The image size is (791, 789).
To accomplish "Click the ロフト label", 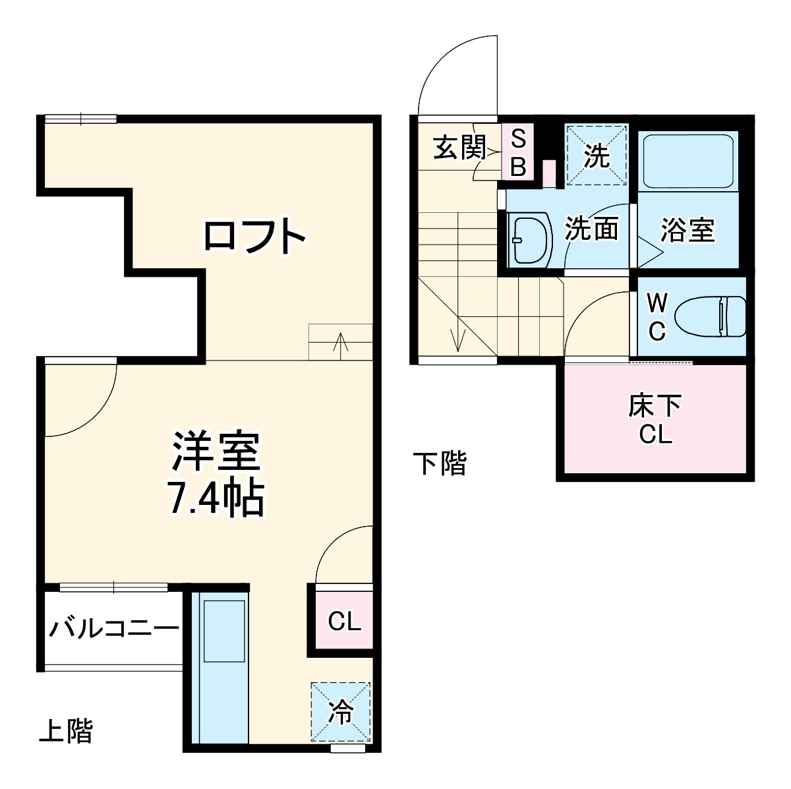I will click(254, 237).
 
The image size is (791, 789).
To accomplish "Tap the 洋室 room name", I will click(216, 452).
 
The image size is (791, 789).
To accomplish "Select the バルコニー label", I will click(114, 628).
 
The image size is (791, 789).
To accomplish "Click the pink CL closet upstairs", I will click(344, 621).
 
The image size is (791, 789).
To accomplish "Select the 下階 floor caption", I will click(440, 464).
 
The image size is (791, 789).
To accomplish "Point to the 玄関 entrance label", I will click(459, 147).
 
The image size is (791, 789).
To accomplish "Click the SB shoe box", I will click(519, 153).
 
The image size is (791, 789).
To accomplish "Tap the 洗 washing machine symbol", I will click(597, 156).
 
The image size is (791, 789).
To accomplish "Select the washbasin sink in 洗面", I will click(531, 239).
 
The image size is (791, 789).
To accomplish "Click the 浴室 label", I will click(688, 230).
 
